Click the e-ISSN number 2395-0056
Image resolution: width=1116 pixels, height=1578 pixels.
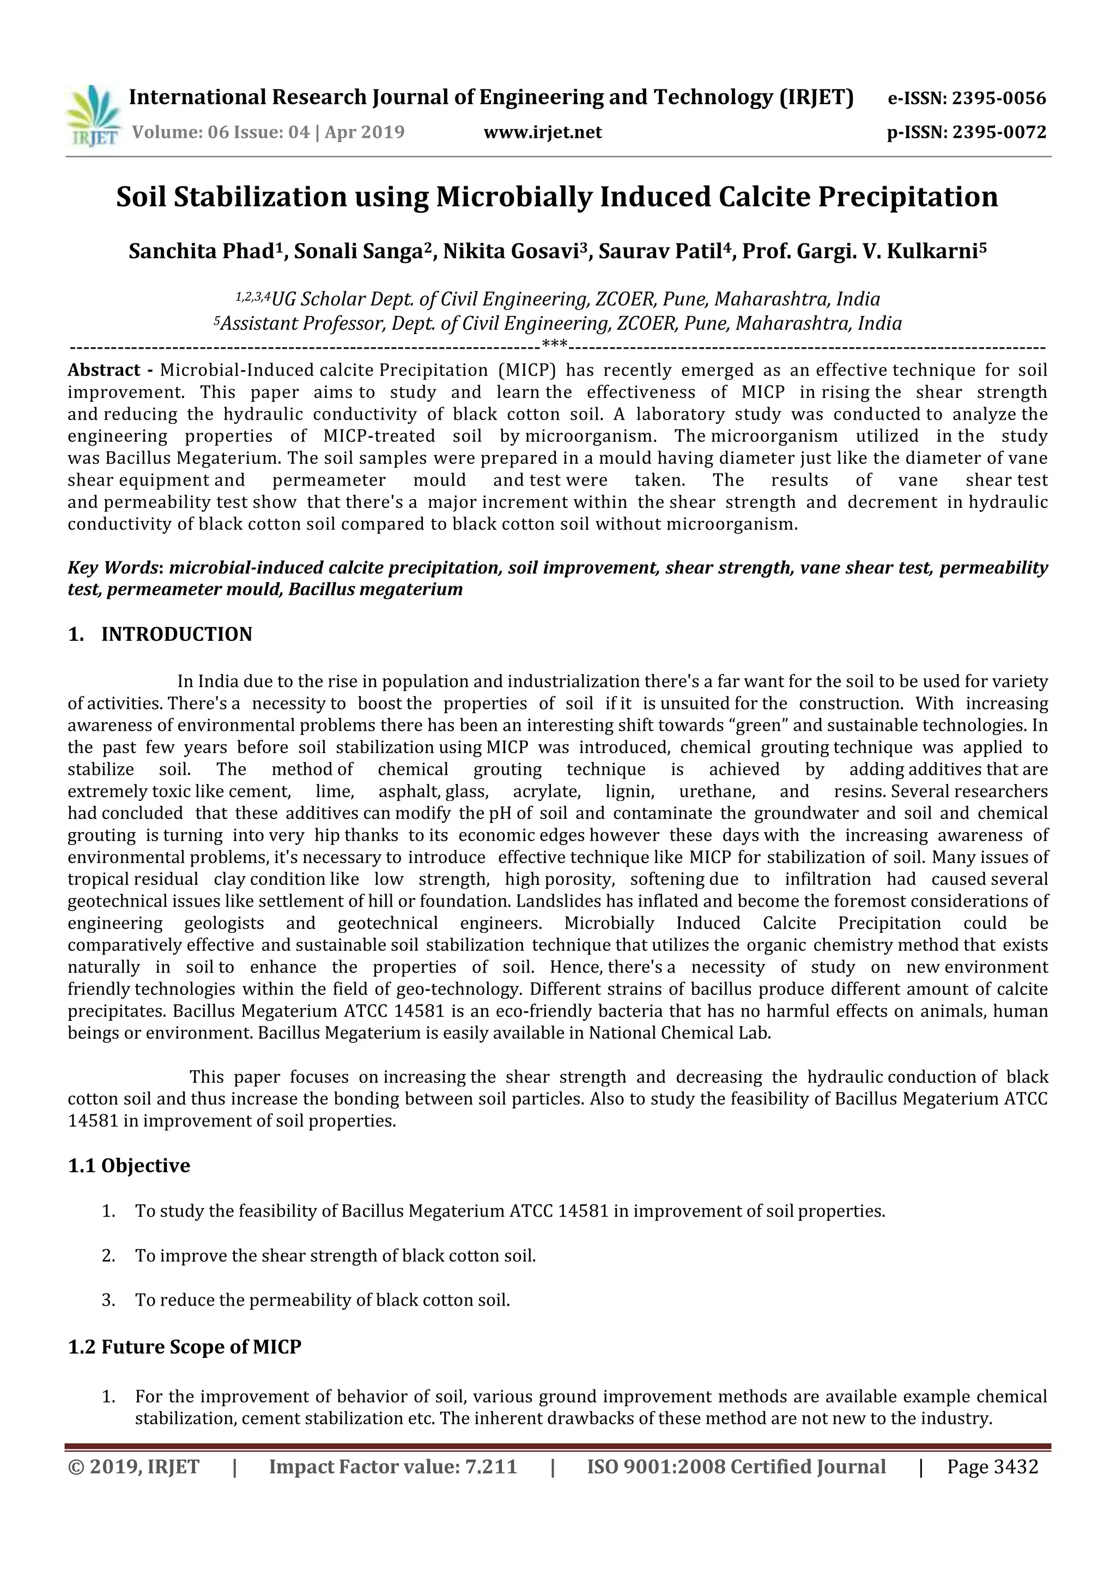(998, 98)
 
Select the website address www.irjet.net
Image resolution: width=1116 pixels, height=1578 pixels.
(542, 132)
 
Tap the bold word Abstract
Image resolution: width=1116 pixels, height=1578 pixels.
(104, 371)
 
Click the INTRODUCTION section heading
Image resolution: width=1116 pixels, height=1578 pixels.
(177, 634)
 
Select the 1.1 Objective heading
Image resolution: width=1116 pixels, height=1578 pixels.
(129, 1166)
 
